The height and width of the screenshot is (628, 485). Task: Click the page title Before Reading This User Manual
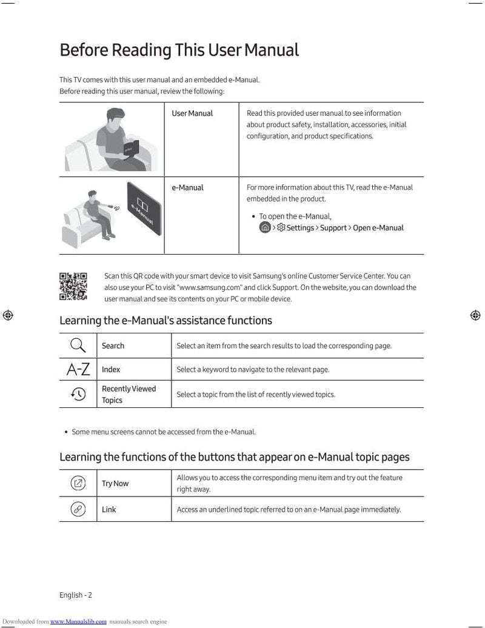tap(179, 50)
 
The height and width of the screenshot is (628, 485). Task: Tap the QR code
tap(73, 286)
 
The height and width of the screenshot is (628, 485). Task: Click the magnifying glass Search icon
tap(78, 346)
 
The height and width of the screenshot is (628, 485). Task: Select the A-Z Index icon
tap(78, 369)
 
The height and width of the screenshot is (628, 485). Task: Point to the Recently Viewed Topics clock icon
tap(78, 394)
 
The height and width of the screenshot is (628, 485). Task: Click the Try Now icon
tap(78, 483)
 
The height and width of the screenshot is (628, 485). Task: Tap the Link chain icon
tap(78, 509)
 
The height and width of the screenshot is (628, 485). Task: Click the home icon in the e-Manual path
tap(265, 228)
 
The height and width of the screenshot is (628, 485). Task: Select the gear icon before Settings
tap(281, 228)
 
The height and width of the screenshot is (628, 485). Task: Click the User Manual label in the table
tap(192, 113)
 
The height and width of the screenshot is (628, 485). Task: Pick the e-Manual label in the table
tap(187, 188)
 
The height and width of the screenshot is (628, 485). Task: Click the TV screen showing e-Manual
tap(144, 216)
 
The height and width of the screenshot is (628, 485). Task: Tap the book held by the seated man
tap(131, 147)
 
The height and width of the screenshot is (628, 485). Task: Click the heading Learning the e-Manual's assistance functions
tap(166, 320)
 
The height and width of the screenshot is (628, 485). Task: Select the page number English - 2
tap(76, 595)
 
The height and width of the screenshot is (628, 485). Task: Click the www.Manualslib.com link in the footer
tap(78, 621)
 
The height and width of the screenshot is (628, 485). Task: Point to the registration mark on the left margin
tap(8, 315)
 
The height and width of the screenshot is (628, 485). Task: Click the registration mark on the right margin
tap(476, 315)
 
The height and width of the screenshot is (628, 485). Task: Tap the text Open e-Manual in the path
tap(378, 228)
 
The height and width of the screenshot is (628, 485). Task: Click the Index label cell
tap(111, 369)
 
